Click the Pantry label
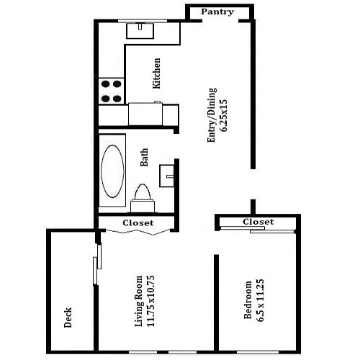pos(217,12)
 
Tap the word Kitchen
pos(156,73)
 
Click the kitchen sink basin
pos(140,30)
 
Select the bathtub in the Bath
pos(112,171)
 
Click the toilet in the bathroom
pos(143,198)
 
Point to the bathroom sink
pos(167,176)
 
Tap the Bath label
pos(144,158)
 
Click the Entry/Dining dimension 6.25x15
pos(223,115)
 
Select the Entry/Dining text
pos(212,115)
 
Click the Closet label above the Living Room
pos(138,223)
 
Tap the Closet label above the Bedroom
pos(258,222)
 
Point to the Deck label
pos(68,318)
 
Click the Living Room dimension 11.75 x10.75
pos(150,301)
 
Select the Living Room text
pos(139,301)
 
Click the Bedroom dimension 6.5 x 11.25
pos(260,300)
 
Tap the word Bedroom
pos(248,300)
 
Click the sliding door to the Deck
pos(97,264)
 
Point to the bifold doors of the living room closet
pos(138,232)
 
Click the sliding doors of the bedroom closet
pos(257,230)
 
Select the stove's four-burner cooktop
pos(112,91)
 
